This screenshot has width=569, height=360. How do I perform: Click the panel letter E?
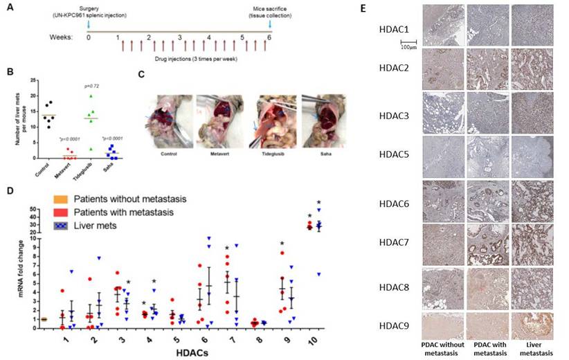[381, 7]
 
